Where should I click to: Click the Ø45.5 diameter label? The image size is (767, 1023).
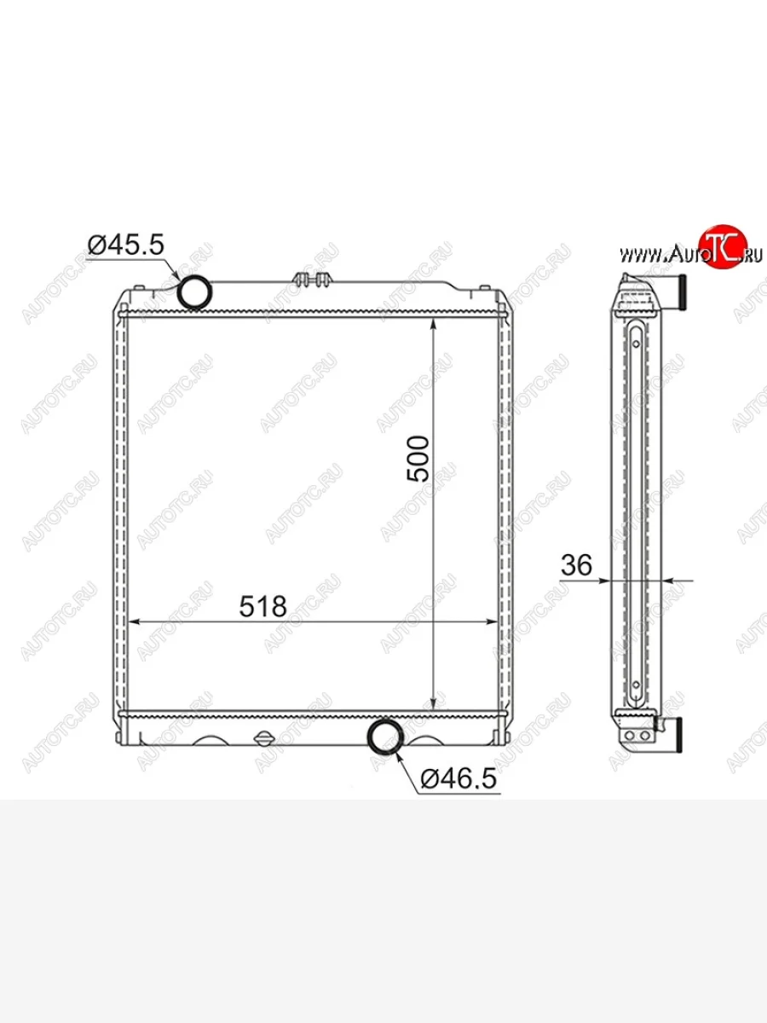click(x=126, y=245)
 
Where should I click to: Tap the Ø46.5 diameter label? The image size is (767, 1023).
click(x=458, y=778)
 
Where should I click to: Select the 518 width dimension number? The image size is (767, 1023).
click(x=262, y=606)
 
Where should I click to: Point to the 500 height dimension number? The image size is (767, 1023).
click(x=418, y=459)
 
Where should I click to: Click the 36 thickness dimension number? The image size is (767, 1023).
click(x=577, y=565)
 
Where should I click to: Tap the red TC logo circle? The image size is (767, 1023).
click(x=723, y=246)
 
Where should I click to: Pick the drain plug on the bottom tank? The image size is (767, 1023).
click(x=264, y=737)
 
